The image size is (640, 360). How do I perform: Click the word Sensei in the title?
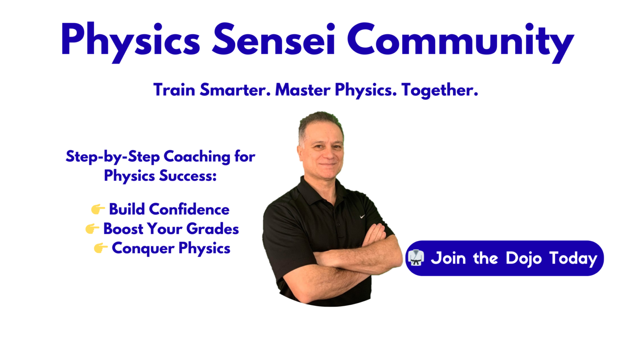273,39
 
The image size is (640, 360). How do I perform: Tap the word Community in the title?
460,42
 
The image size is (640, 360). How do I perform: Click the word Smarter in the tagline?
235,90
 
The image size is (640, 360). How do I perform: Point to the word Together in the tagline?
440,91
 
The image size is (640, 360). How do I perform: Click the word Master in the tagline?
303,90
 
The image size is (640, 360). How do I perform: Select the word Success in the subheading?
188,175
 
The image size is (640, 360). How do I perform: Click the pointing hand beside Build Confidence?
98,209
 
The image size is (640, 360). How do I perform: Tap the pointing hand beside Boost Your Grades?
92,228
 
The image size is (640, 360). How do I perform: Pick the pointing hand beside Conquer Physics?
100,248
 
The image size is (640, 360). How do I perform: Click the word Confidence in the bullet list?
189,209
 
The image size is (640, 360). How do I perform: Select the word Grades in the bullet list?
212,228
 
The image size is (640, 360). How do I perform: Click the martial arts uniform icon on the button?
416,257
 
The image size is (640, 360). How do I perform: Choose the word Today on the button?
573,259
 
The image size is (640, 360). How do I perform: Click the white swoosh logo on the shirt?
362,216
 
